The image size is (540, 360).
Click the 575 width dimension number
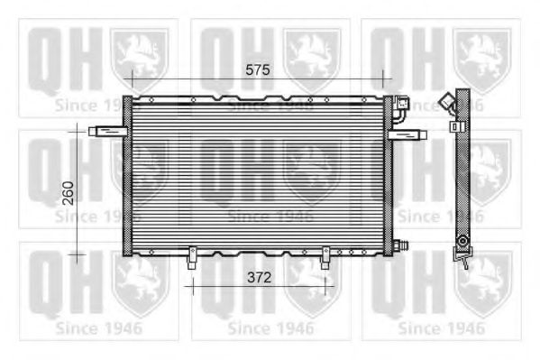[x=258, y=70]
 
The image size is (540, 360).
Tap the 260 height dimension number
[x=69, y=193]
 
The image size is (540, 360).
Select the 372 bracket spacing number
[x=259, y=277]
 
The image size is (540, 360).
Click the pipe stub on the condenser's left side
[x=108, y=131]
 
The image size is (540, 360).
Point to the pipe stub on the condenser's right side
[x=407, y=134]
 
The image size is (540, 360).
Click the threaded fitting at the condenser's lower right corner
[x=400, y=245]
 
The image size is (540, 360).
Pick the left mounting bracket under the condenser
[x=192, y=258]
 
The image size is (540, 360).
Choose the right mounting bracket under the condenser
[x=325, y=258]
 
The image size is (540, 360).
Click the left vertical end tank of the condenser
[x=127, y=176]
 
